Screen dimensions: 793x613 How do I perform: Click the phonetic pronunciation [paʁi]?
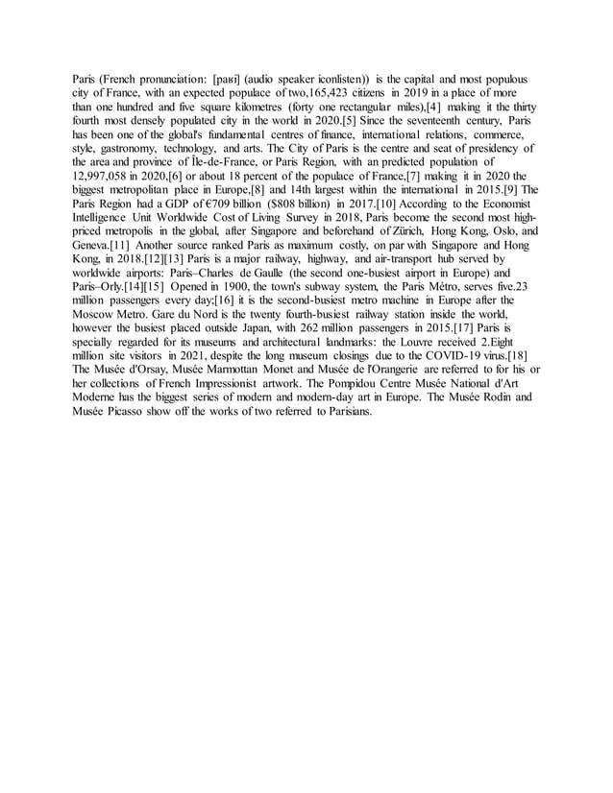[231, 78]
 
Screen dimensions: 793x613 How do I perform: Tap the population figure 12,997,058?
[107, 178]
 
